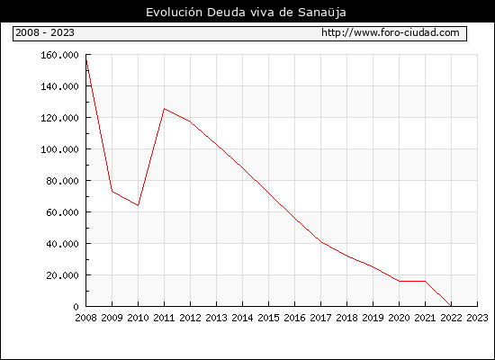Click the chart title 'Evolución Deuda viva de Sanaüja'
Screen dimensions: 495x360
(x=246, y=13)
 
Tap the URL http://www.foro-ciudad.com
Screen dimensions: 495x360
(x=391, y=32)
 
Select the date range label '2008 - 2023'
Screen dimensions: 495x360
(x=45, y=32)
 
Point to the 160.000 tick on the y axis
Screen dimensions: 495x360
(x=59, y=55)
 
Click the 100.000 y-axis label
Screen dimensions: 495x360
(x=59, y=149)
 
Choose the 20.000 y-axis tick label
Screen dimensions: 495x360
(x=62, y=275)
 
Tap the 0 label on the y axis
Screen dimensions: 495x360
(x=76, y=307)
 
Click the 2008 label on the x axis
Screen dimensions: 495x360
(x=85, y=318)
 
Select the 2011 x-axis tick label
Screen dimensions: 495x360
(x=164, y=318)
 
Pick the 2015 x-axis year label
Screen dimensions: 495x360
(x=269, y=318)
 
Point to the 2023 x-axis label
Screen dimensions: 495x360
(x=477, y=318)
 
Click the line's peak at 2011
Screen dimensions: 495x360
(x=164, y=109)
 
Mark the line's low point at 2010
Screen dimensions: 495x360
(x=138, y=205)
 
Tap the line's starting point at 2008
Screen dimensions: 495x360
(x=86, y=59)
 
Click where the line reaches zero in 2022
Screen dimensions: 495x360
(x=451, y=306)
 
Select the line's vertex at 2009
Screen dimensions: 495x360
(x=112, y=191)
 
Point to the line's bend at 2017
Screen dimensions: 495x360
(x=321, y=242)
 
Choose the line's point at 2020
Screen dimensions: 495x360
(x=399, y=281)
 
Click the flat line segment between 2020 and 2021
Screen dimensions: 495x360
(x=412, y=281)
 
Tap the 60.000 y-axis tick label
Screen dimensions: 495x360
(x=62, y=212)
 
